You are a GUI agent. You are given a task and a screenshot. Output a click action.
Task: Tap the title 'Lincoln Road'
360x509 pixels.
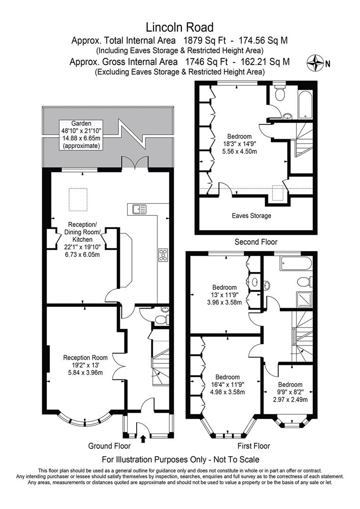(180, 27)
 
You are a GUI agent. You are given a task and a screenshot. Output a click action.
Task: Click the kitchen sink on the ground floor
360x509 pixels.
(139, 209)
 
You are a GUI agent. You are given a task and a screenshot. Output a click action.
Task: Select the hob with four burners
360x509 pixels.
(163, 255)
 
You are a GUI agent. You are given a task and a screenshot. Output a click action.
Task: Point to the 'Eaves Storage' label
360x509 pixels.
(251, 215)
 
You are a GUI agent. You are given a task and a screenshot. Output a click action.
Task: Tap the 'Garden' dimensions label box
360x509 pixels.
(81, 135)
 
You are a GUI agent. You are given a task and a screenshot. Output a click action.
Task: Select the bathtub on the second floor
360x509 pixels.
(305, 104)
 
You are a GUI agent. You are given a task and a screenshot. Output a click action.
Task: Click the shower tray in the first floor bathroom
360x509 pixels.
(304, 300)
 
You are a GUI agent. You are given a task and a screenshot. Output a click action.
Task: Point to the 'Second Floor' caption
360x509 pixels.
(256, 242)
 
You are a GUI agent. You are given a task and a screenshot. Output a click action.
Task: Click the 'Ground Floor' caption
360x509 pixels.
(109, 446)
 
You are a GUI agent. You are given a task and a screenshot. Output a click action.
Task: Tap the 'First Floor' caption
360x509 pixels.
(254, 446)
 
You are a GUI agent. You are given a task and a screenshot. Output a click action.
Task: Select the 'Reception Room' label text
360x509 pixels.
(85, 358)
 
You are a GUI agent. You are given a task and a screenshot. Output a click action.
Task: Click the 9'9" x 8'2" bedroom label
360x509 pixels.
(290, 392)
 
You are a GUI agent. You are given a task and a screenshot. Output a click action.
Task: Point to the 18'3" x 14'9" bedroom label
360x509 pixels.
(239, 144)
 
